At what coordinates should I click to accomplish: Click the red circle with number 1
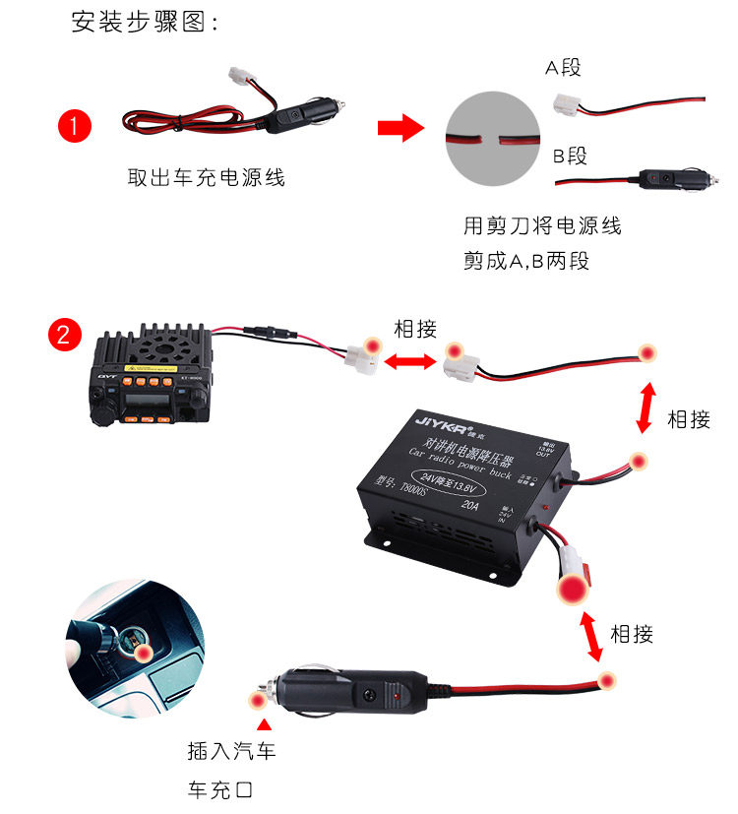point(75,127)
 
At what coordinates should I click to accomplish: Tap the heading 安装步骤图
point(144,23)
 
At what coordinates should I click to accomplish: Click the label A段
point(564,67)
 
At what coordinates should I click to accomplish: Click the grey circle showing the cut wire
point(493,139)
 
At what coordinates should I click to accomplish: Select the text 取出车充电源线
point(207,178)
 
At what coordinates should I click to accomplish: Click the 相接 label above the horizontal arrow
point(414,329)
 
